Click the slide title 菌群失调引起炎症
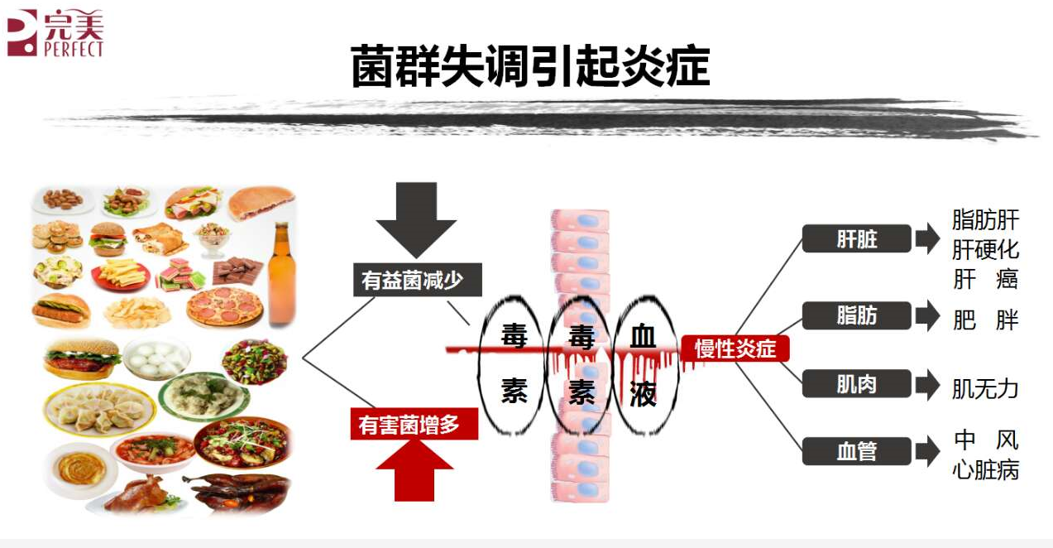pos(530,66)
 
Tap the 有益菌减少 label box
pos(410,280)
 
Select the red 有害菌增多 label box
pos(414,425)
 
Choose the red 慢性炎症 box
pos(735,349)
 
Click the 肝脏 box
pos(856,240)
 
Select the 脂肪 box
pos(856,315)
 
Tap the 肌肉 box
pos(856,384)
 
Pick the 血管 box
pos(856,452)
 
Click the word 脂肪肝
pos(985,220)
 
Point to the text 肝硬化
pos(985,249)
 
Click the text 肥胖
pos(985,320)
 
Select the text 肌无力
pos(985,388)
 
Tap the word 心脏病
pos(985,470)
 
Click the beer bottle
pos(282,272)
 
